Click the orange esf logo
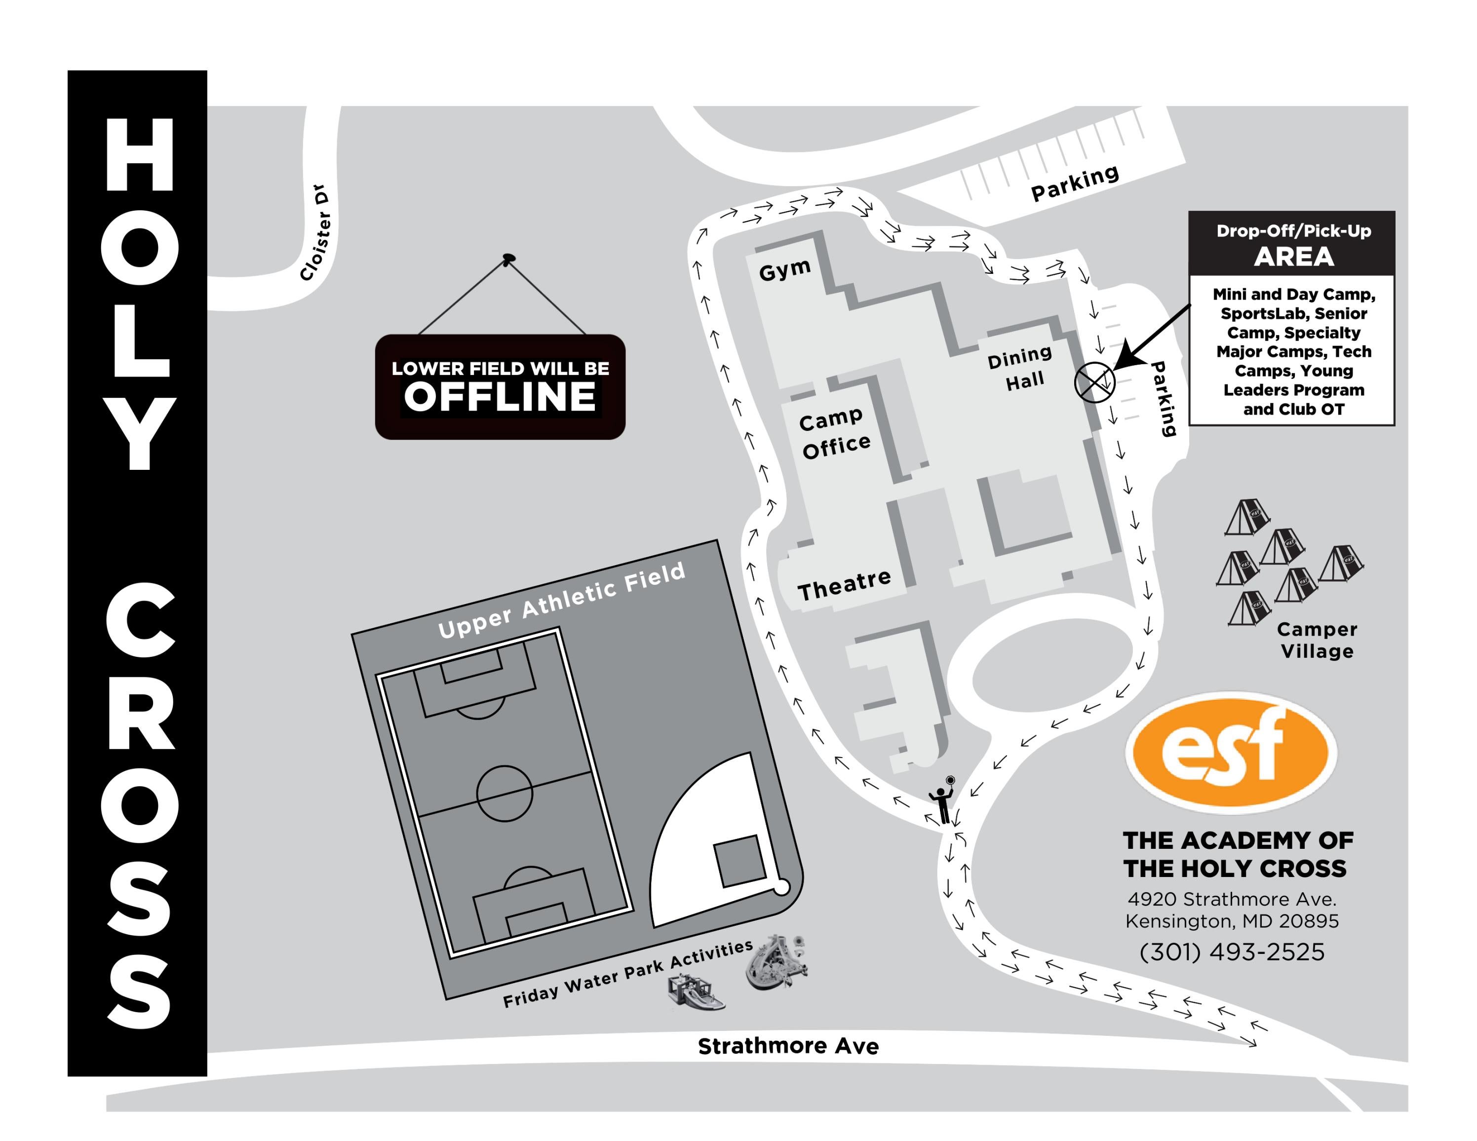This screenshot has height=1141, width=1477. (1230, 752)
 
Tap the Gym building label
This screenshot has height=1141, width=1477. (784, 270)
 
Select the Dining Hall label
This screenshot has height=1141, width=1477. (1021, 368)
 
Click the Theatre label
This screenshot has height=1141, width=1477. (844, 585)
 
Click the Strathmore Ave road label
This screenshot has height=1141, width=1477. (788, 1046)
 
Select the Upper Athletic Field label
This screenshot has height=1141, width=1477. (561, 600)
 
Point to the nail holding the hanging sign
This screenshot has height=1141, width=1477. (508, 258)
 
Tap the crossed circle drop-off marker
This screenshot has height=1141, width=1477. (1093, 382)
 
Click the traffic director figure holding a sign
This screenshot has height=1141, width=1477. (942, 802)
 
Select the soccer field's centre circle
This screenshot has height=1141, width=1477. (504, 793)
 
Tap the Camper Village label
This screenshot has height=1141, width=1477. (1317, 640)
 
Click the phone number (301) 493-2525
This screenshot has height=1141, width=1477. (1232, 951)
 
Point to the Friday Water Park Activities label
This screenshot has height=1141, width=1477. (627, 974)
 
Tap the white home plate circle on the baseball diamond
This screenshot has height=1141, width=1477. (780, 887)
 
